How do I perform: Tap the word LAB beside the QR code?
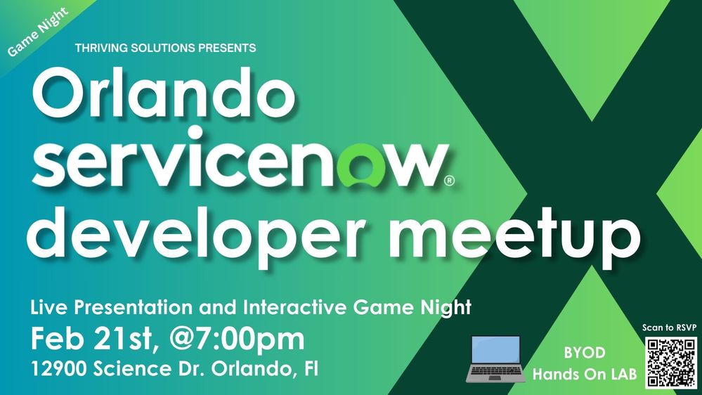click(621, 375)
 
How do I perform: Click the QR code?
click(670, 362)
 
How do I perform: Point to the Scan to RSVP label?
click(669, 328)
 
